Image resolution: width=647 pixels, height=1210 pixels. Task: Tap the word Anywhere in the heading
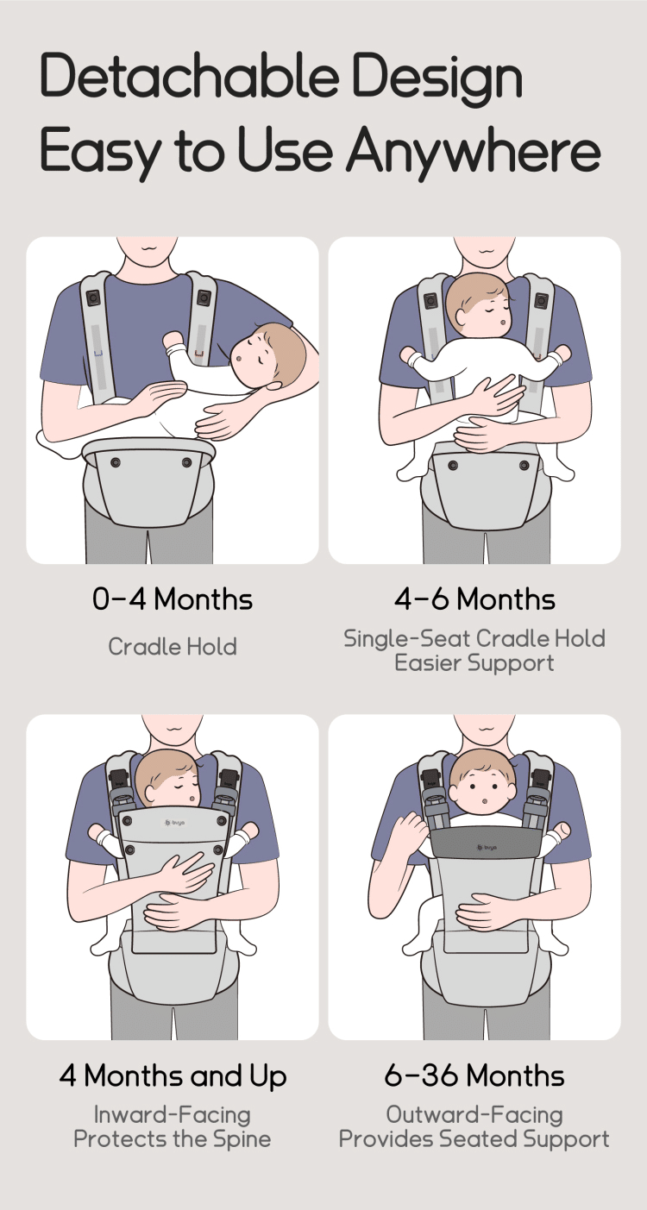tap(474, 151)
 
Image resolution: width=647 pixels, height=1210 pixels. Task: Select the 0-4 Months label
tap(173, 599)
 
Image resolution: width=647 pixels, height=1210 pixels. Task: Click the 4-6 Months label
tap(474, 599)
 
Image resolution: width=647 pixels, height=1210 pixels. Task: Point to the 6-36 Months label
tap(474, 1075)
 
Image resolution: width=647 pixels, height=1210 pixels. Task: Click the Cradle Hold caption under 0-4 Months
tap(173, 647)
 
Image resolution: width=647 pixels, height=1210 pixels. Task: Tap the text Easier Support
tap(474, 663)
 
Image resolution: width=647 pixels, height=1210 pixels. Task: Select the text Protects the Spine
tap(173, 1139)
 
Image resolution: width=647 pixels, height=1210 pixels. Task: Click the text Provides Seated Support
tap(474, 1139)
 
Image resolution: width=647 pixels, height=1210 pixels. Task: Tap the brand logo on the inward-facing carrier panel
tap(174, 822)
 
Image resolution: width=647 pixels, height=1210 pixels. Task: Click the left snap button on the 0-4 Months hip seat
tap(115, 462)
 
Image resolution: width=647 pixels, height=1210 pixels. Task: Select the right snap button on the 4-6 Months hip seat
tap(525, 465)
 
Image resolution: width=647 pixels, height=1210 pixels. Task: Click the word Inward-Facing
tap(173, 1114)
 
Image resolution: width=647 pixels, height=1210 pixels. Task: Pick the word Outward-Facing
tap(474, 1114)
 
